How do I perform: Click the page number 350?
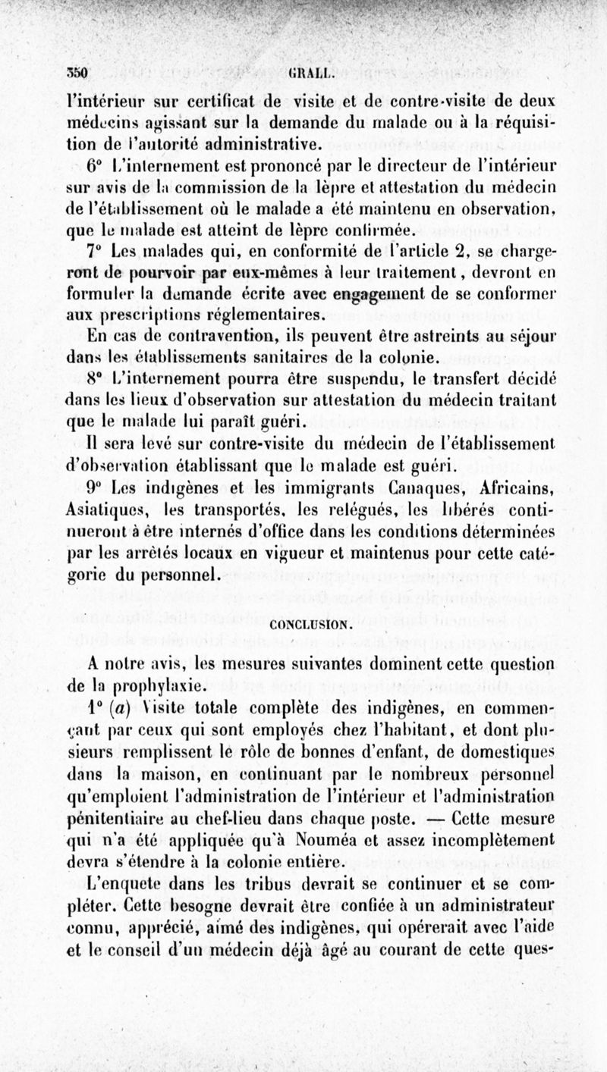pos(78,74)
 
